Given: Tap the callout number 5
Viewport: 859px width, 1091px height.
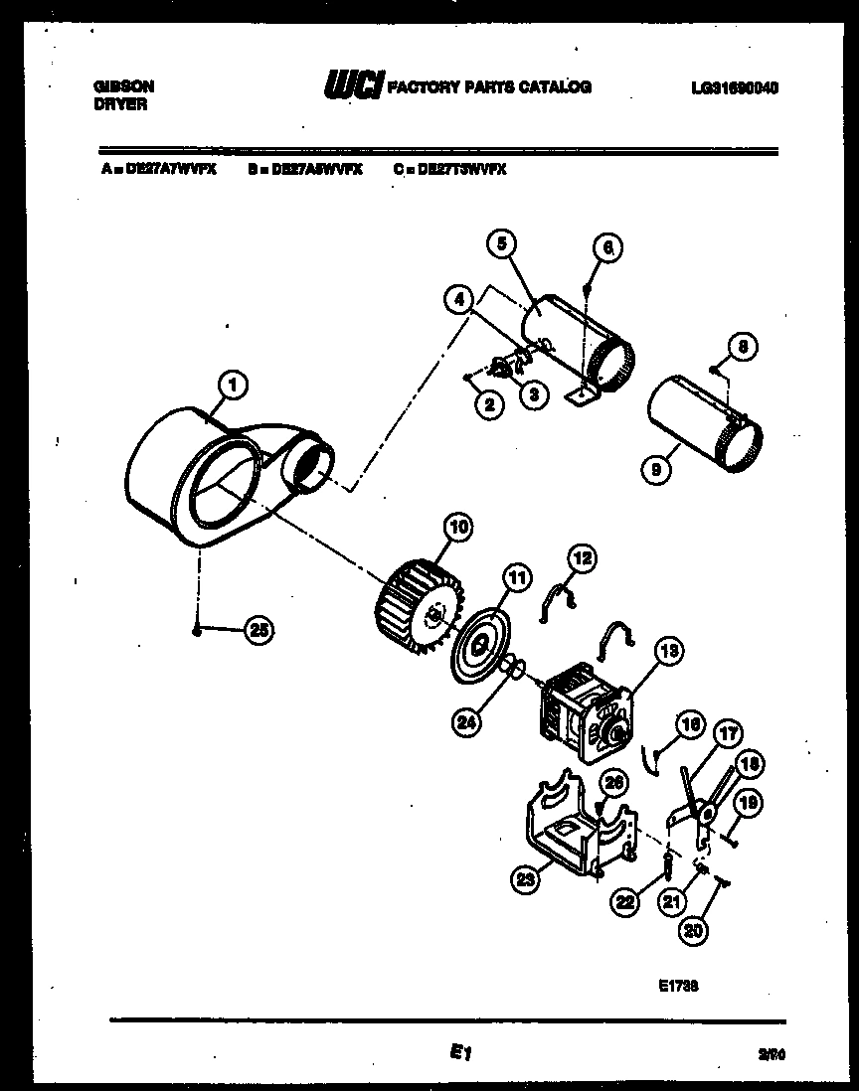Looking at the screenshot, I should (502, 242).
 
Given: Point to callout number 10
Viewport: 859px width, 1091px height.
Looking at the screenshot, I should (459, 528).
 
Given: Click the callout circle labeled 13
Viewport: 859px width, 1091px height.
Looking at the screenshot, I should (669, 651).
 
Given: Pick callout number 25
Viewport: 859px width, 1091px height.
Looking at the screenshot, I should (259, 629).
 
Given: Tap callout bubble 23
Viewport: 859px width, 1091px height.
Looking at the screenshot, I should (526, 877).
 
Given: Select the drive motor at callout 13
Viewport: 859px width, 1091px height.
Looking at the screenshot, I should (581, 714).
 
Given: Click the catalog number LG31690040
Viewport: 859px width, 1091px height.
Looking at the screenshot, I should (734, 87).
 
